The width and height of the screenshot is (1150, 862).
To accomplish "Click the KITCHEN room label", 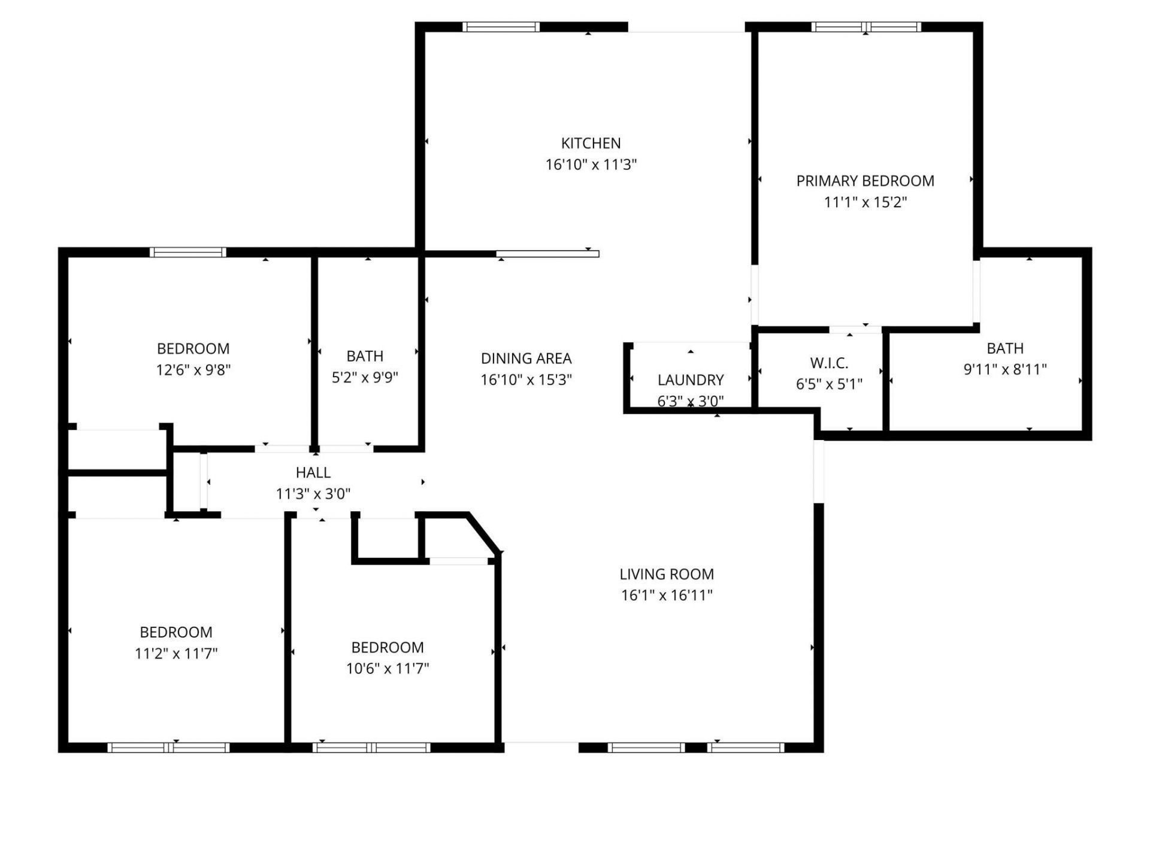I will point(591,143).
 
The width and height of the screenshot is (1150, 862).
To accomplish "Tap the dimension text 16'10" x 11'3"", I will point(591,165).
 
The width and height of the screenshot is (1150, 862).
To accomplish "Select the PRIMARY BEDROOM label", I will point(865,181).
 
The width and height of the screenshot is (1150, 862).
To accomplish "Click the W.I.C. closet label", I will point(829,363).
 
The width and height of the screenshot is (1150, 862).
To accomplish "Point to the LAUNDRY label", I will point(691,380).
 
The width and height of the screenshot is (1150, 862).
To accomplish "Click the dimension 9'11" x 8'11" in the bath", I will point(1004,369).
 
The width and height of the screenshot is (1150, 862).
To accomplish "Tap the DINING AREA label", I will point(526,358).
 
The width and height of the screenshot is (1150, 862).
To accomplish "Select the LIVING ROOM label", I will point(666,574).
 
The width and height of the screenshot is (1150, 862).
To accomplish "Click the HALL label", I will point(313,472).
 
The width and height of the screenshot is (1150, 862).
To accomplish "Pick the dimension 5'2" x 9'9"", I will point(365,378).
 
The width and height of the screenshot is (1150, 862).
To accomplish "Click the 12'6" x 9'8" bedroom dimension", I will point(193,370).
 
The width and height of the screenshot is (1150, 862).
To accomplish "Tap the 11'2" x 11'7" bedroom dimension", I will point(175,653).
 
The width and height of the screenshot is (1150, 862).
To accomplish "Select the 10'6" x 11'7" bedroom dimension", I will point(388,668).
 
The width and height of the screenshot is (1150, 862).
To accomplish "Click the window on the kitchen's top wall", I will point(501,27).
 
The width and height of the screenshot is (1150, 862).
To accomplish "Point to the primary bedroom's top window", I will point(865,27).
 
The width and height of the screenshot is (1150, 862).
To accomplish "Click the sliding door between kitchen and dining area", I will point(547,254).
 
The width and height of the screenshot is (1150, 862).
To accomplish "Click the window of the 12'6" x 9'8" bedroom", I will point(187,252).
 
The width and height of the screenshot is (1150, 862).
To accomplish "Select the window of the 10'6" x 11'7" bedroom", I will point(371,747).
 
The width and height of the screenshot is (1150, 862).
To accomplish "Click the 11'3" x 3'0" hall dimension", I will point(313,494).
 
